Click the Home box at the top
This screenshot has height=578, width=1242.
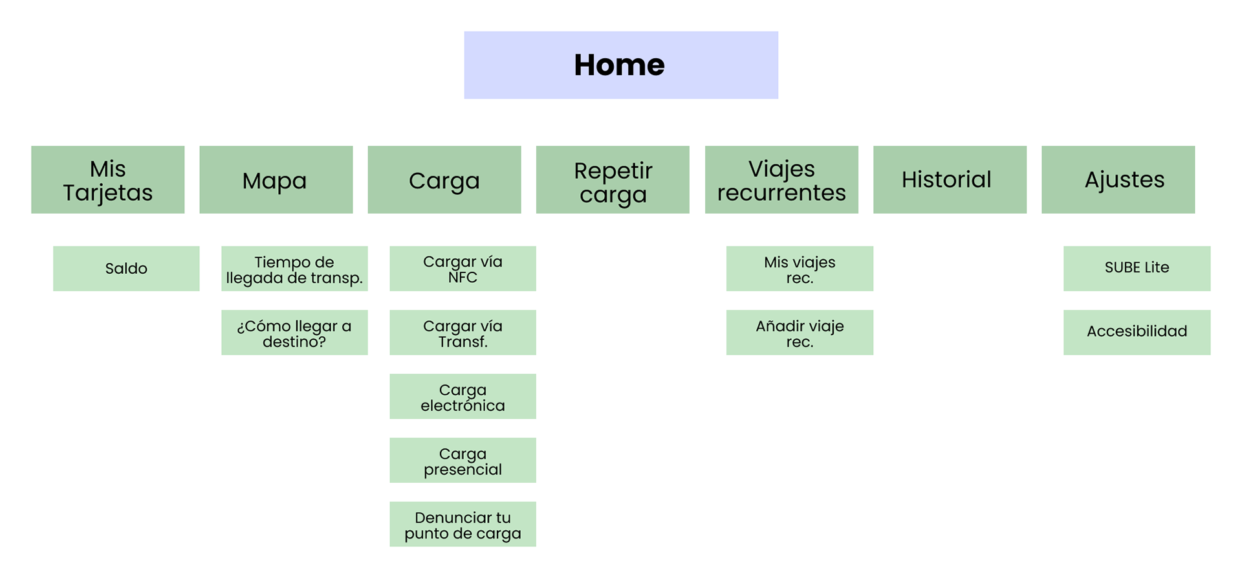[x=620, y=65]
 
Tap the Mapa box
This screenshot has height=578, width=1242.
[x=276, y=180]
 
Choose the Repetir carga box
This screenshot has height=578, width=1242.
[x=613, y=180]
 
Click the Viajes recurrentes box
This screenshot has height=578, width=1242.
[x=781, y=180]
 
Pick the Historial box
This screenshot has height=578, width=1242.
[x=949, y=180]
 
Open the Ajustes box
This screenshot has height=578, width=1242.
[x=1118, y=180]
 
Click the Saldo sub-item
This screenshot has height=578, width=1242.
[x=126, y=268]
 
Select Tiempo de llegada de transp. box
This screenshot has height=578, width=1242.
[x=294, y=268]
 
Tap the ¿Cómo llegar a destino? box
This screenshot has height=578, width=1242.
[x=294, y=332]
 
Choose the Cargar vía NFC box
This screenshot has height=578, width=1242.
[x=463, y=268]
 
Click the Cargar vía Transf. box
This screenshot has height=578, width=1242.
[x=463, y=332]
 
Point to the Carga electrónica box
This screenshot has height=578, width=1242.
[x=463, y=396]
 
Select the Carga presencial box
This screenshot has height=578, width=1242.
[x=463, y=460]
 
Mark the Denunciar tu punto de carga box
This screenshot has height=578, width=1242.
[x=463, y=524]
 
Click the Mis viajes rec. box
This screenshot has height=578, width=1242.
[x=800, y=268]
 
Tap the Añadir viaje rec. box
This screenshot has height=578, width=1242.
[x=800, y=332]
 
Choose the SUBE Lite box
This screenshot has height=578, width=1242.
[x=1137, y=268]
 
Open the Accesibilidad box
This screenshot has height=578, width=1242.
[x=1137, y=332]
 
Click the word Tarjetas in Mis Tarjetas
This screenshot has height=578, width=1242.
[x=107, y=193]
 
